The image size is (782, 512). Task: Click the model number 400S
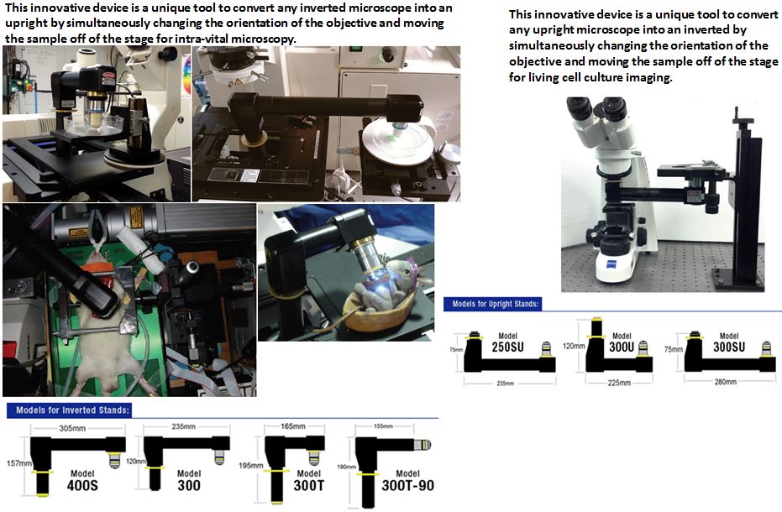coord(82,485)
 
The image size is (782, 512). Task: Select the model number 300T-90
coord(407,486)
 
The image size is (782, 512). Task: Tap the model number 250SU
coord(507,347)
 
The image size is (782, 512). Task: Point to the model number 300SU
coord(728,347)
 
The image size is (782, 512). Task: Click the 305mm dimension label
coord(72,428)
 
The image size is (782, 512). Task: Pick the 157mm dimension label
coord(18,463)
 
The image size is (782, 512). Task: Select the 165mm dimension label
coord(293,426)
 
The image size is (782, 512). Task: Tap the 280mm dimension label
coord(725,382)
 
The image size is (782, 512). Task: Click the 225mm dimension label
coord(619,383)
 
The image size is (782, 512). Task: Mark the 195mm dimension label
coord(251,466)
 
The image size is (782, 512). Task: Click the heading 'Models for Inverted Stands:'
coord(73,410)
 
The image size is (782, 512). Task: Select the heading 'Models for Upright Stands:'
coord(496,304)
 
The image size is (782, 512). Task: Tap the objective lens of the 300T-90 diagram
coord(422,445)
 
